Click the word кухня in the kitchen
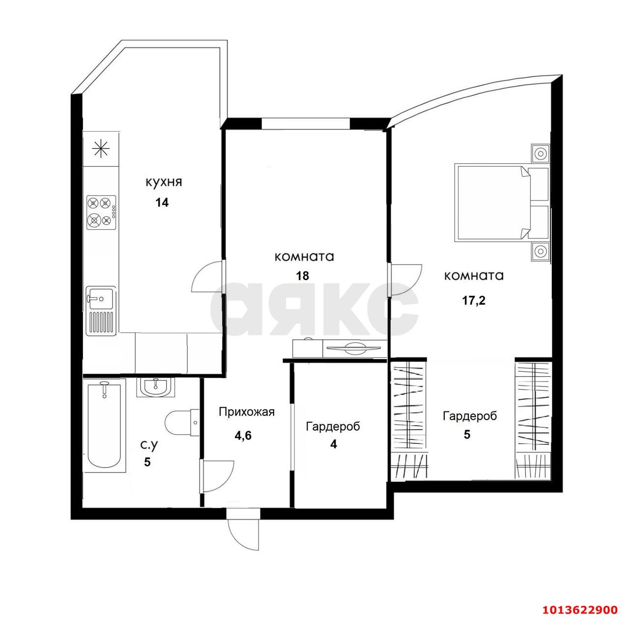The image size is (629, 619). click(164, 182)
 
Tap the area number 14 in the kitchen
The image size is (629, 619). click(162, 203)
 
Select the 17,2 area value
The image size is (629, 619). click(474, 301)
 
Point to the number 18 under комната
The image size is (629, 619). click(302, 276)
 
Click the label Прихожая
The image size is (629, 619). click(247, 412)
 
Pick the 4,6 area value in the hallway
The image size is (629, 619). click(243, 436)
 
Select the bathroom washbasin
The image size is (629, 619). click(155, 387)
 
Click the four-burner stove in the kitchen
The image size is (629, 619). click(101, 212)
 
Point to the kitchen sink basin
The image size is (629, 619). click(101, 298)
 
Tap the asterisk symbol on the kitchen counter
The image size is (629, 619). click(101, 149)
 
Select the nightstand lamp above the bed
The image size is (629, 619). click(541, 153)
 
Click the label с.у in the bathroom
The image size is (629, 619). click(149, 445)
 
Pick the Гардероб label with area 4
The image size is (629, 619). click(333, 427)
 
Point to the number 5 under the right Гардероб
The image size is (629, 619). click(467, 435)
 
